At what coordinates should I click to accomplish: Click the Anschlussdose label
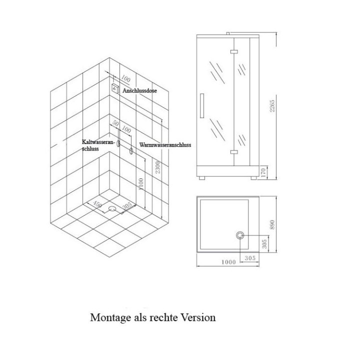tap(139, 90)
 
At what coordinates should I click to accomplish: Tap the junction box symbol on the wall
tap(115, 88)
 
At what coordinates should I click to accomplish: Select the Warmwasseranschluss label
tap(165, 145)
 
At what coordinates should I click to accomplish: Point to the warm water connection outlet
tap(131, 151)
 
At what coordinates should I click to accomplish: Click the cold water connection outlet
tap(118, 143)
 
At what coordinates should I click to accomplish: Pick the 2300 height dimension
tap(157, 167)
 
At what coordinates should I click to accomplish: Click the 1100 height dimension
tap(141, 183)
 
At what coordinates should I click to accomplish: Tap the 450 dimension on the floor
tap(97, 204)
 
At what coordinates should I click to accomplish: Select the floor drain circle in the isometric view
tap(112, 208)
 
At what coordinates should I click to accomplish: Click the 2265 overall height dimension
tap(272, 106)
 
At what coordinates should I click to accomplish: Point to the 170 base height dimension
tap(263, 172)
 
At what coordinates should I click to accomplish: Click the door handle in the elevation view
tap(202, 105)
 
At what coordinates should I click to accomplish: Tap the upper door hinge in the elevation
tap(233, 52)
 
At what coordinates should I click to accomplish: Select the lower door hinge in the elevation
tap(233, 152)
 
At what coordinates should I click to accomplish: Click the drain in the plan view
tap(240, 235)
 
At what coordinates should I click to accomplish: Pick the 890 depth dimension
tap(272, 224)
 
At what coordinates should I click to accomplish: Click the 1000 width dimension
tap(228, 262)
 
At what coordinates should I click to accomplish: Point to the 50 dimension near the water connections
tap(115, 123)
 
